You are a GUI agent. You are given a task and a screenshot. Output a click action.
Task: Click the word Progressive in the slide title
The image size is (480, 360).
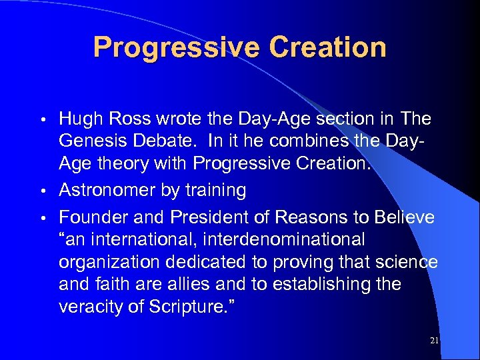tap(175, 47)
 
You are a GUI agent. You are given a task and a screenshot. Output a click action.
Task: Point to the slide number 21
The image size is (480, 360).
tap(435, 341)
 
